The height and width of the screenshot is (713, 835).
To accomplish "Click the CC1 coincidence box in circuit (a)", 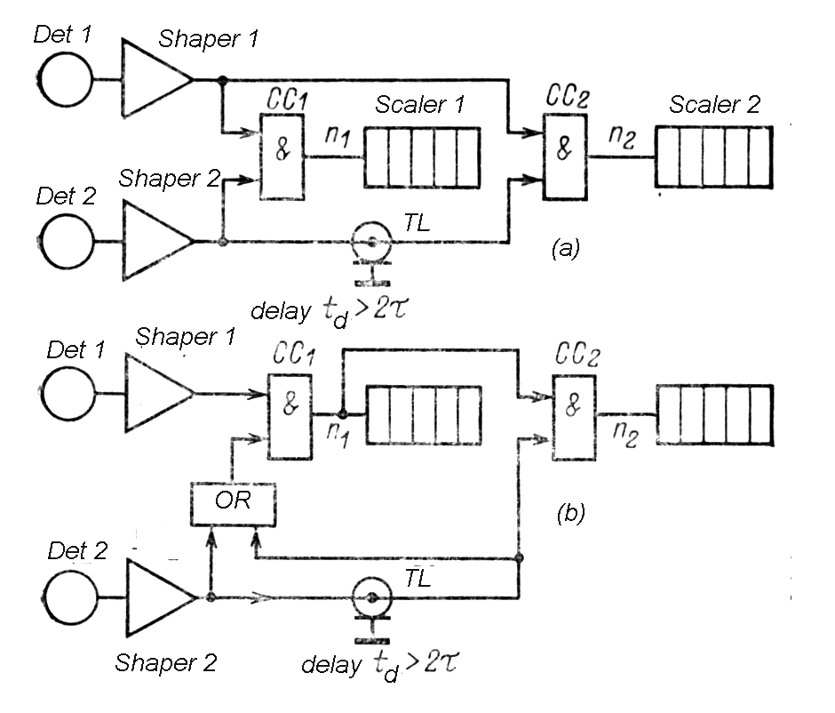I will [282, 156].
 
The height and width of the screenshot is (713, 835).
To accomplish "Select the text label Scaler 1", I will [419, 104].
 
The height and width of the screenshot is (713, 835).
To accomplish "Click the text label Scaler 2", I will [715, 104].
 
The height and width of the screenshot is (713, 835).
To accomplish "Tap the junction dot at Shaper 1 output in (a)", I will [221, 81].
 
